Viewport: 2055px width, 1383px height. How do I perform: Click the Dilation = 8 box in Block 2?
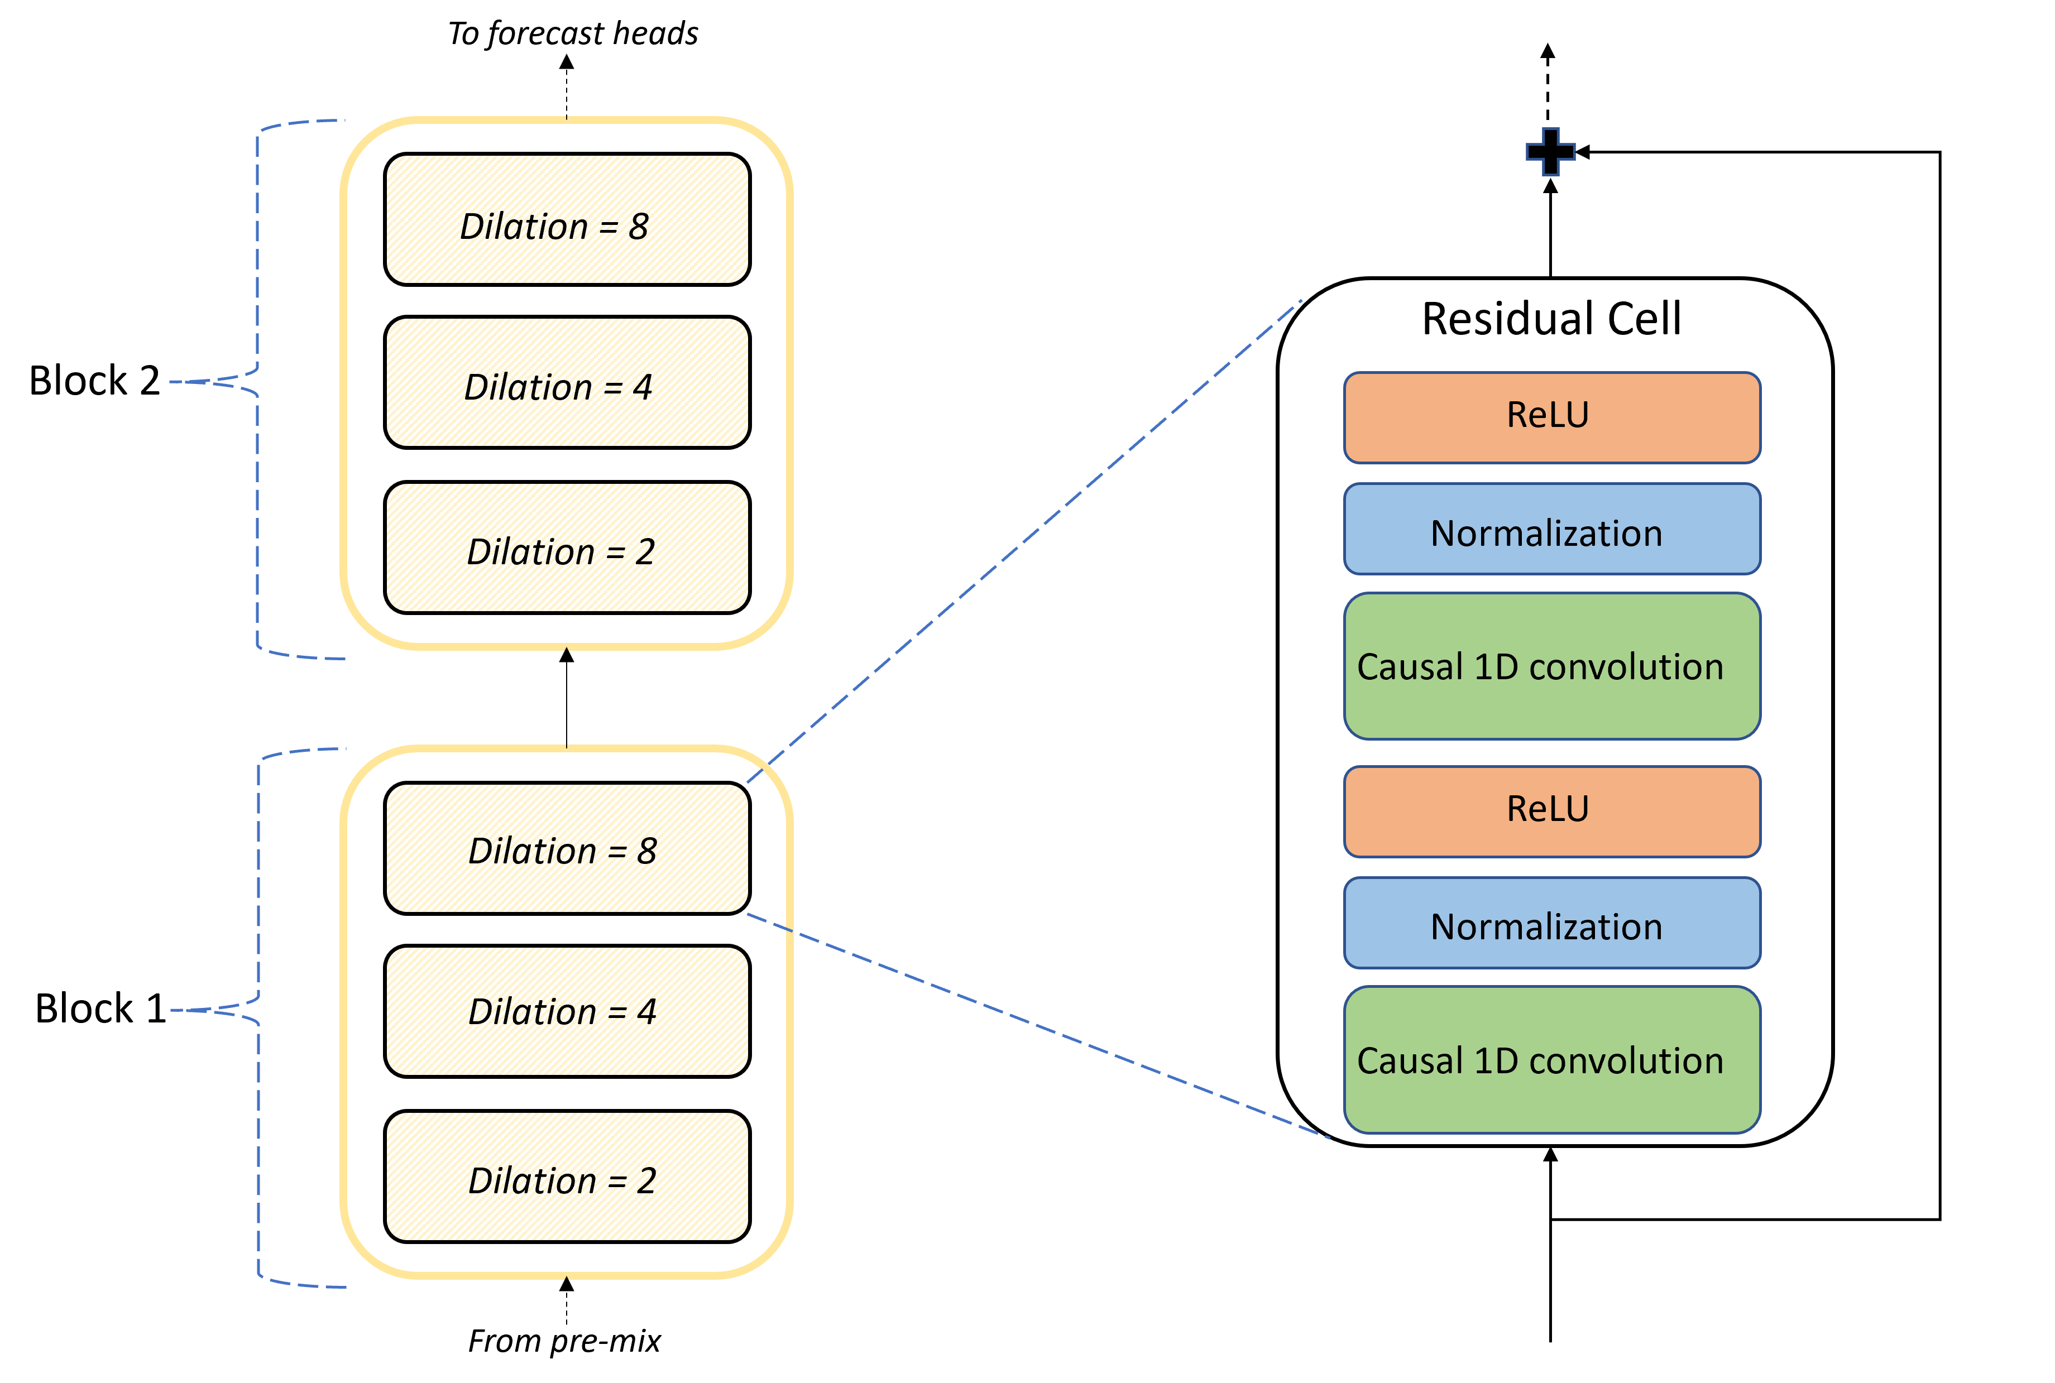coord(567,220)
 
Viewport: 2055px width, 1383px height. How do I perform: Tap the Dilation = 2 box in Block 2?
coord(567,547)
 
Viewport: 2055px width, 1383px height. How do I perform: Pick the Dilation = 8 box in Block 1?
coord(567,848)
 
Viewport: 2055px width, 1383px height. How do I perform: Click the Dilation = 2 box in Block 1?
coord(567,1176)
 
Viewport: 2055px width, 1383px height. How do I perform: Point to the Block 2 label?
coord(94,381)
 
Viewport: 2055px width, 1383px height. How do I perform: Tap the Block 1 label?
coord(100,1008)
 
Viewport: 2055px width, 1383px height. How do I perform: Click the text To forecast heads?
coord(573,33)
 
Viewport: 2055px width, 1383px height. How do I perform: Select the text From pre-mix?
coord(564,1341)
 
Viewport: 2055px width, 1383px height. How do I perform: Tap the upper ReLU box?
coord(1551,417)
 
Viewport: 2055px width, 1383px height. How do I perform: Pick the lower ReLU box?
coord(1551,810)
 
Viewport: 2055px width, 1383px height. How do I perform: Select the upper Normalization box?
coord(1551,529)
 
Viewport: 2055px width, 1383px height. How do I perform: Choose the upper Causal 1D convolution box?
coord(1551,666)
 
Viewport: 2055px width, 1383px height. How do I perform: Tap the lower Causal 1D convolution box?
coord(1551,1059)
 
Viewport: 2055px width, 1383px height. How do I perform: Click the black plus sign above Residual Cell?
coord(1550,152)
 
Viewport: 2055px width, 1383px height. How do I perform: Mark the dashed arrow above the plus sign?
coord(1548,84)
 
